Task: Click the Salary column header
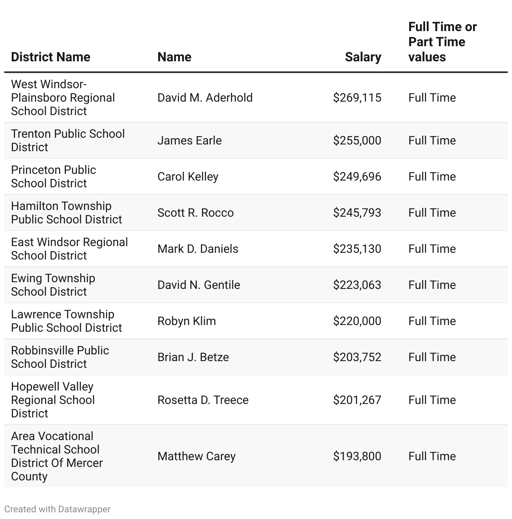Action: pyautogui.click(x=363, y=57)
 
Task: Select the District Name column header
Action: pyautogui.click(x=51, y=57)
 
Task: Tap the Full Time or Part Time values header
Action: pyautogui.click(x=442, y=42)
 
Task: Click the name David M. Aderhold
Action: pyautogui.click(x=205, y=98)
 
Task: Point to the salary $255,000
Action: pyautogui.click(x=357, y=141)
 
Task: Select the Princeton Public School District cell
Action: pyautogui.click(x=53, y=177)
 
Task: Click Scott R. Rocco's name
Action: pyautogui.click(x=195, y=213)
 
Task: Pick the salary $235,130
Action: pyautogui.click(x=357, y=249)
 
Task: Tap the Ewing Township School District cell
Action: pyautogui.click(x=53, y=285)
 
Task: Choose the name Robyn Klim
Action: pyautogui.click(x=186, y=321)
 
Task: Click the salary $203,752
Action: pyautogui.click(x=357, y=357)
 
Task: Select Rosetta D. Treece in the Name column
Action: pyautogui.click(x=203, y=400)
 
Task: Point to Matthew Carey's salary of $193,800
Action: pyautogui.click(x=357, y=456)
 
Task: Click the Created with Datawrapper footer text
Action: pyautogui.click(x=57, y=509)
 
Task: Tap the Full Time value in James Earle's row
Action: pyautogui.click(x=432, y=141)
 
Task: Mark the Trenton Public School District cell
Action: pyautogui.click(x=68, y=141)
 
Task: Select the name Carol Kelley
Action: pyautogui.click(x=188, y=177)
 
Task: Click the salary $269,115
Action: pyautogui.click(x=357, y=98)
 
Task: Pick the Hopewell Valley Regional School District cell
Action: pyautogui.click(x=53, y=400)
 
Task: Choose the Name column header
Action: pyautogui.click(x=174, y=57)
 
